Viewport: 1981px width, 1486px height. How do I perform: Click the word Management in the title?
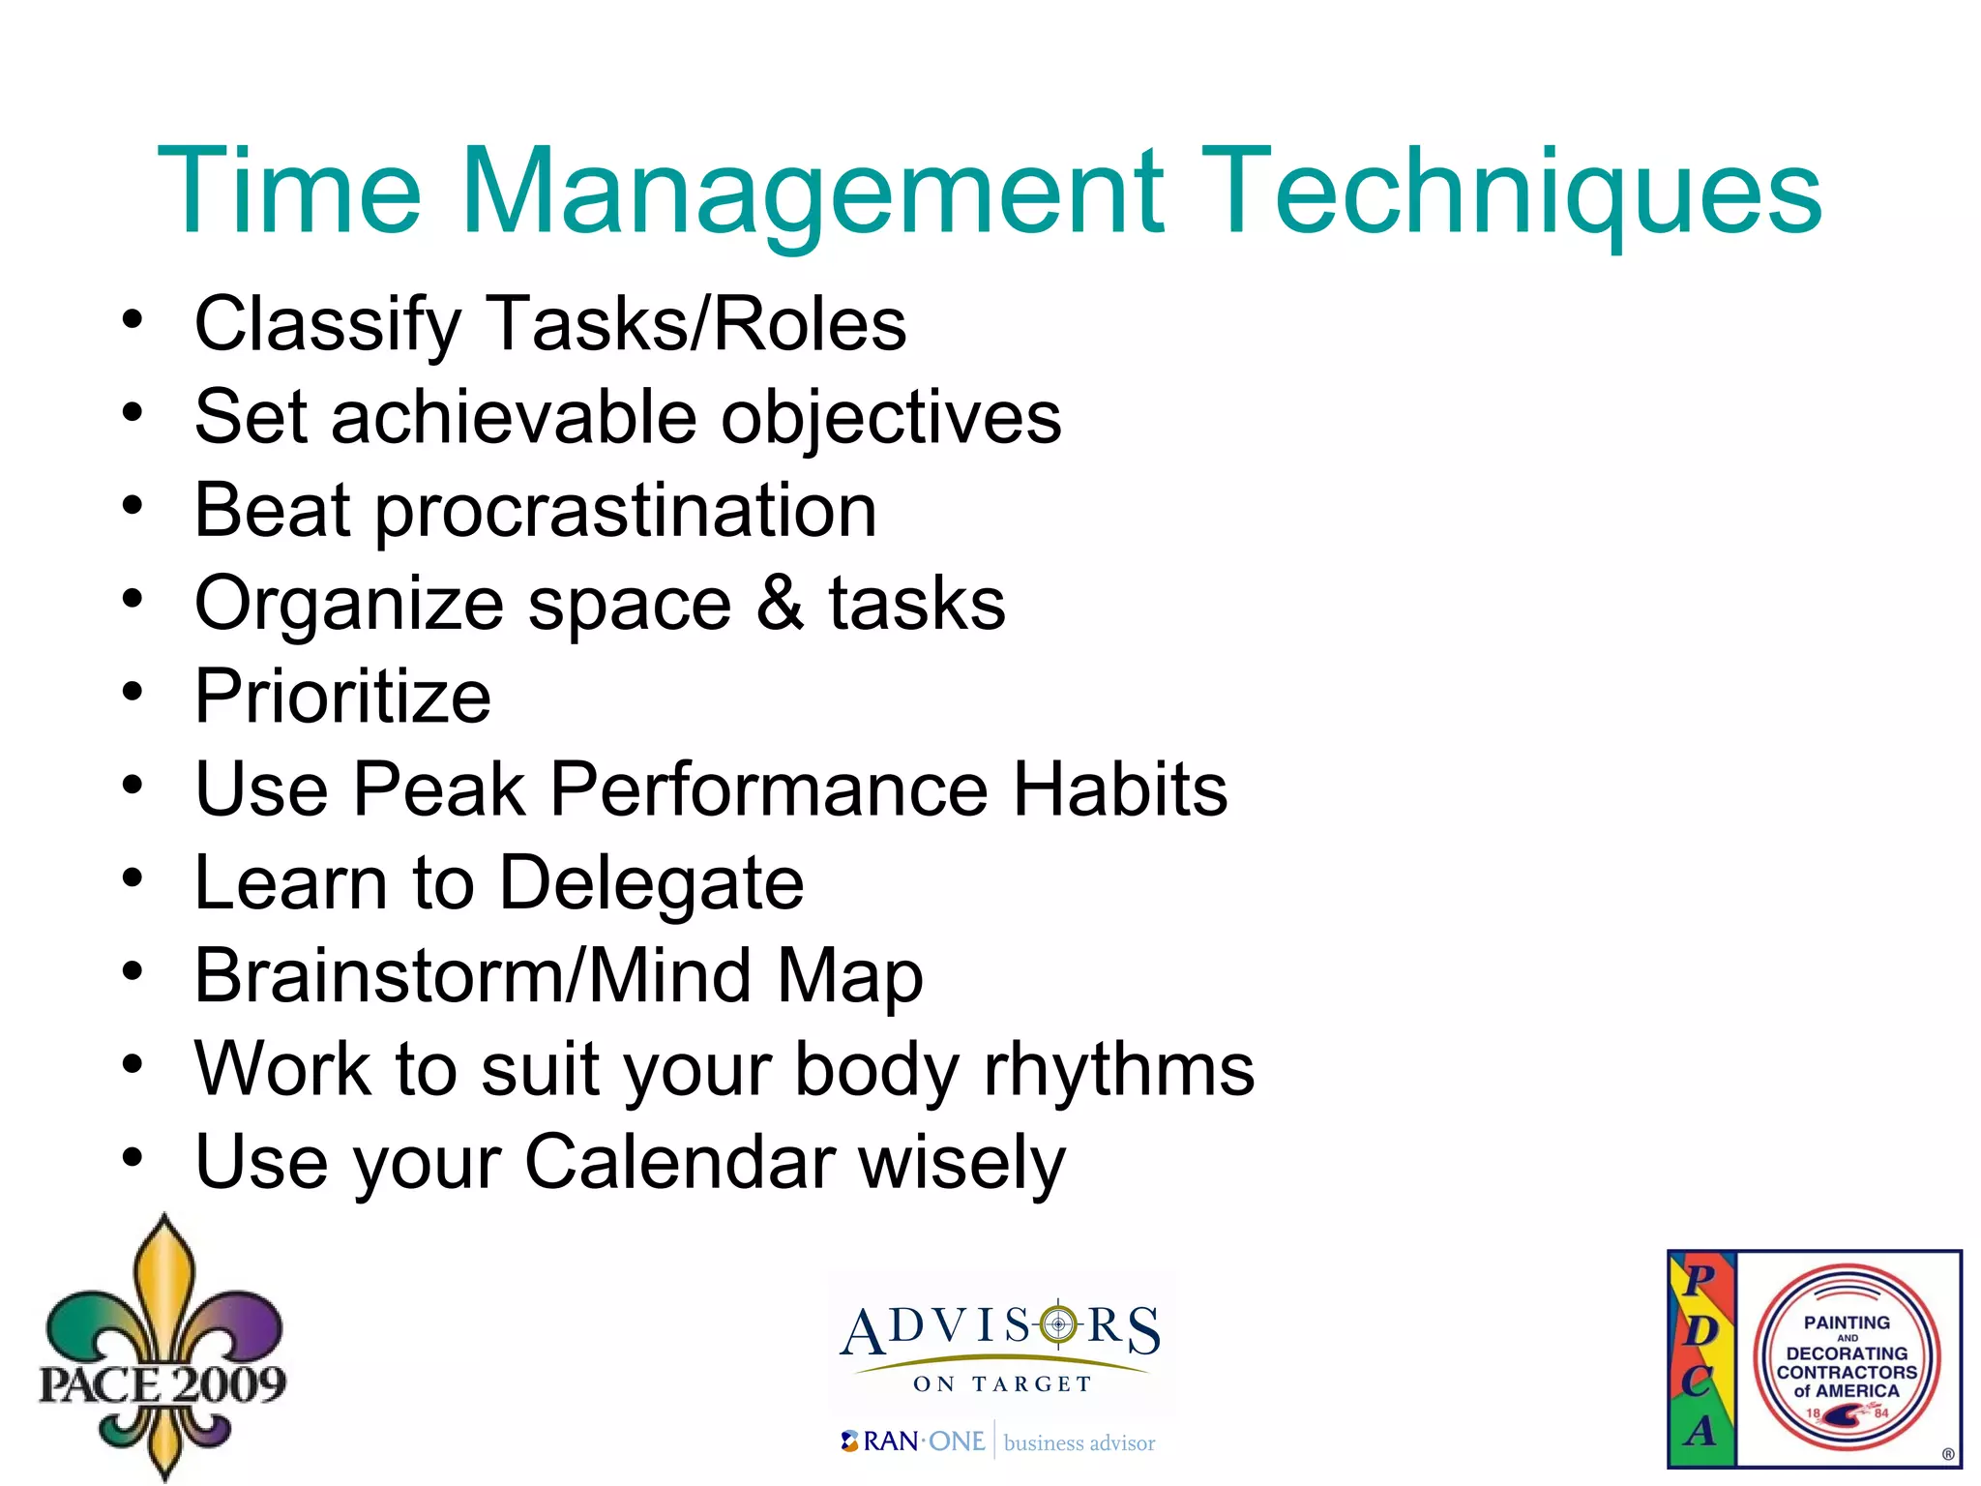pos(813,193)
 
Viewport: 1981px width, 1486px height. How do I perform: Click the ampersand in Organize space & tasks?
pos(780,603)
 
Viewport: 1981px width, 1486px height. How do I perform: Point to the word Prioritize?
pos(342,697)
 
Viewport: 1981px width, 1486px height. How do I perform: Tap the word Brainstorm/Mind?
pos(473,976)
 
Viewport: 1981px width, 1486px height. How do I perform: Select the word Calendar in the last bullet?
pos(680,1163)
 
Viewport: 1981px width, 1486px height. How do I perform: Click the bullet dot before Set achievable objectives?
pos(133,413)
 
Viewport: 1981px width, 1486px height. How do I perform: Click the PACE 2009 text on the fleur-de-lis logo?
pos(163,1384)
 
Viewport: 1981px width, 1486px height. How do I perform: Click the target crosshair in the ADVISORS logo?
pos(1058,1323)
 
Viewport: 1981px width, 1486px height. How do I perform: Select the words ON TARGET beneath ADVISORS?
pos(1002,1384)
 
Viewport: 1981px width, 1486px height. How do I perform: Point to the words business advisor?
pos(1079,1443)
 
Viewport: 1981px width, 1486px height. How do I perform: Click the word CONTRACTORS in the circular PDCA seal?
pos(1847,1372)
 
